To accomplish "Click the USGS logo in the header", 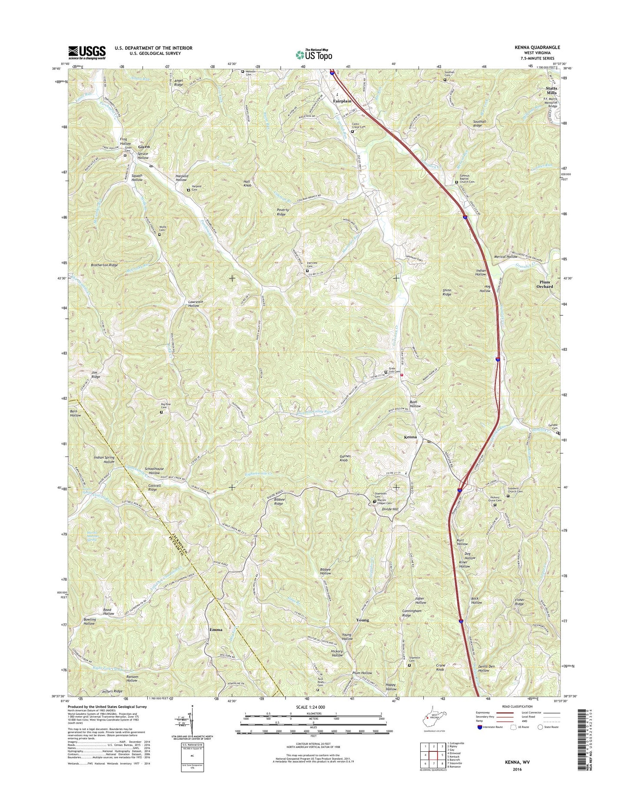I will coord(86,53).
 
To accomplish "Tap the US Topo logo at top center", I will coord(314,54).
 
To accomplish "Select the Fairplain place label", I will coord(342,101).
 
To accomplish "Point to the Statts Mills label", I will coord(551,90).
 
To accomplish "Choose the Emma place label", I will coord(216,630).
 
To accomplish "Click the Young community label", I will coord(362,620).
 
